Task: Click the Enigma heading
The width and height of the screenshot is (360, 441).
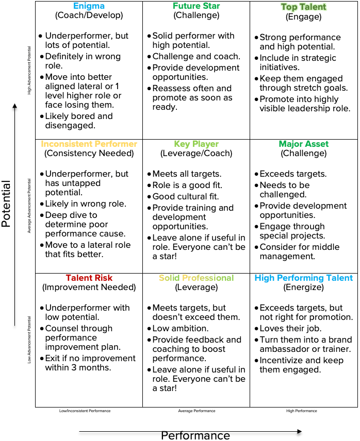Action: click(x=89, y=6)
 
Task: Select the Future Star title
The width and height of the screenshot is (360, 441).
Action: click(x=197, y=6)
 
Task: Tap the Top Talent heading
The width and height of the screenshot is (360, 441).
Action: click(x=304, y=7)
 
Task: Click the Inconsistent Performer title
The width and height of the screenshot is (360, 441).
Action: click(x=89, y=144)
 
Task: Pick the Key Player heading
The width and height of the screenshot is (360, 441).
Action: click(x=197, y=144)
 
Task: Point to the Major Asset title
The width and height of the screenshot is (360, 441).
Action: click(x=304, y=144)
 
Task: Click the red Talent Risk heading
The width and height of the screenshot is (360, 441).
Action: click(x=89, y=278)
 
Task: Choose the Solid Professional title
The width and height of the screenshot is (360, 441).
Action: click(x=197, y=278)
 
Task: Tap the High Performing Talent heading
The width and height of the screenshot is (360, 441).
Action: click(x=304, y=278)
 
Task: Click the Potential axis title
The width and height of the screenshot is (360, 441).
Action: click(x=7, y=204)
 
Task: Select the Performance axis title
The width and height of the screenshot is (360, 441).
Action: click(x=195, y=436)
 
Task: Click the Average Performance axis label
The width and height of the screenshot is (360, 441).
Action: click(x=197, y=411)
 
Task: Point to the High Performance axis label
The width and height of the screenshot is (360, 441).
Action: click(x=302, y=411)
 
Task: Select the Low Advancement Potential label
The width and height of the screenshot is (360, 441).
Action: click(x=29, y=340)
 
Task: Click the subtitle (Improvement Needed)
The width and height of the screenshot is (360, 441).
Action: click(x=89, y=287)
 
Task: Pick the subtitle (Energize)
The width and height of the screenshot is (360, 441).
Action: click(x=304, y=287)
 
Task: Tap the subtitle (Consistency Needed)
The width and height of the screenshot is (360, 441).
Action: click(x=89, y=153)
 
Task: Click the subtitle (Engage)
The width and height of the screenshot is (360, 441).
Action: click(x=304, y=16)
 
